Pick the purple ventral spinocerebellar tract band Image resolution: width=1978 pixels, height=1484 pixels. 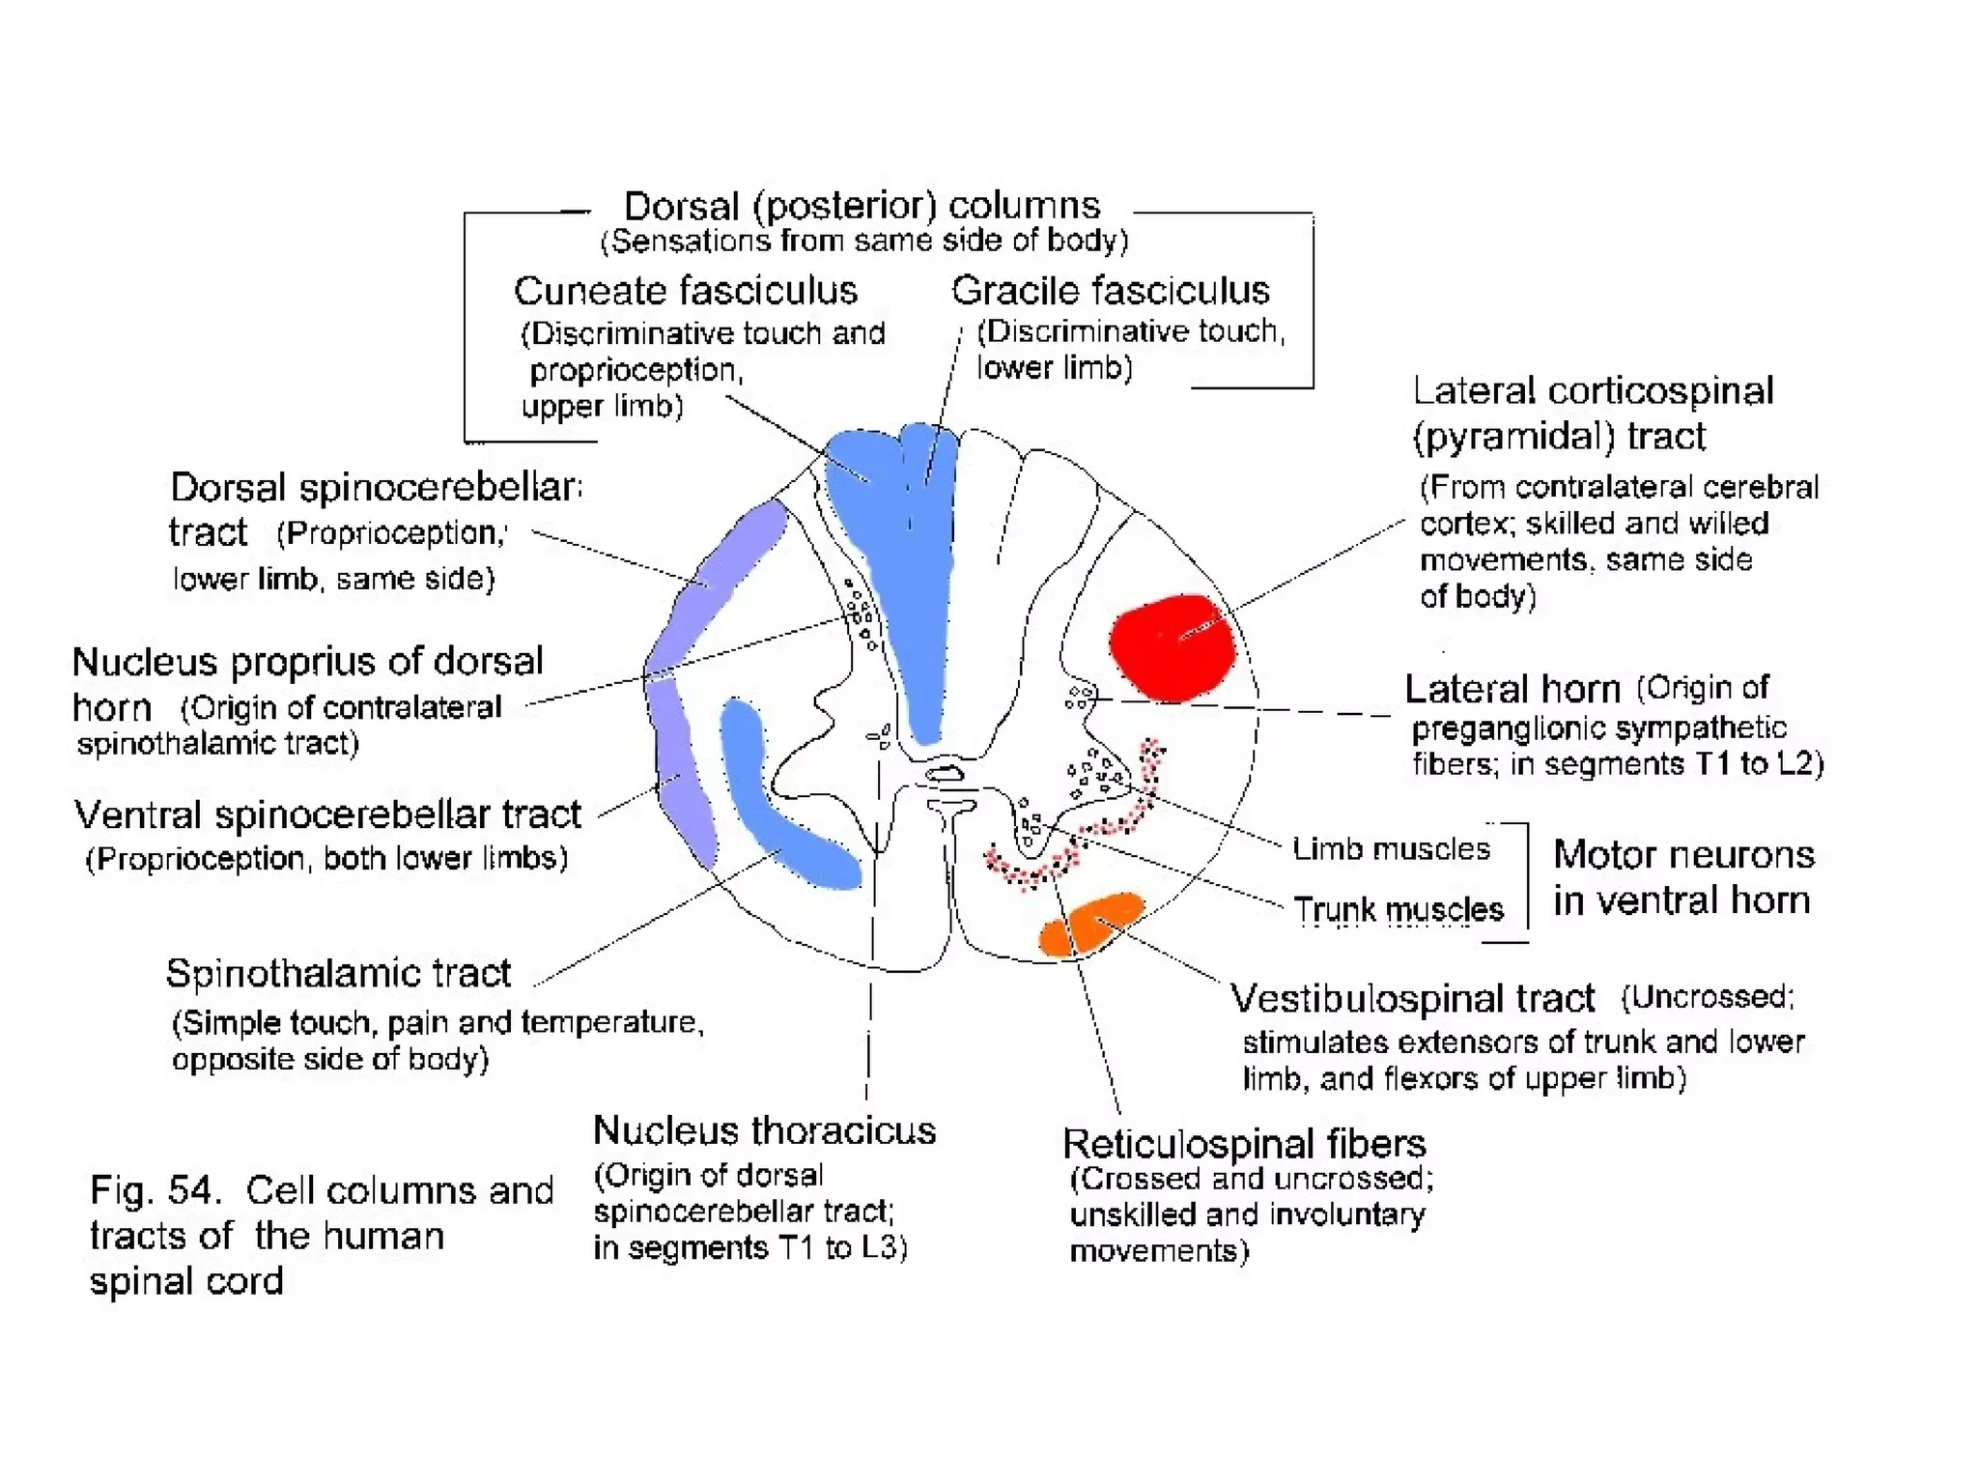[x=684, y=773]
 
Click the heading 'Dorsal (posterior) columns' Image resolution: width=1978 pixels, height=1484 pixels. [x=862, y=206]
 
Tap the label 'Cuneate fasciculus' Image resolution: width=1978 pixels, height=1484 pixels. [x=685, y=291]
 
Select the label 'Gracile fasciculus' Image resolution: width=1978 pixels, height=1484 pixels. [x=1110, y=291]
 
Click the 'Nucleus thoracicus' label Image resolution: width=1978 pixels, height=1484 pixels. [x=764, y=1130]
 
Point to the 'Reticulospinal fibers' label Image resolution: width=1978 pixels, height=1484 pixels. [x=1244, y=1144]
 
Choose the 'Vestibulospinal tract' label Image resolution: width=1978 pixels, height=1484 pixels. [x=1412, y=998]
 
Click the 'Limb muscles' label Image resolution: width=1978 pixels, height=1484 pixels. [x=1391, y=849]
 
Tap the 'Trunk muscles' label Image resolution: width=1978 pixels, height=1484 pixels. [x=1399, y=909]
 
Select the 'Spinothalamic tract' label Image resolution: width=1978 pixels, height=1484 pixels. [x=338, y=973]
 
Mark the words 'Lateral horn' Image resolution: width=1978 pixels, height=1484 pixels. [x=1512, y=690]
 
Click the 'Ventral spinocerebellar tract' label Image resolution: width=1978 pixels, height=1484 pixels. [x=327, y=815]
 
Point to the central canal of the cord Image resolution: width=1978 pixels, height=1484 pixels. [x=945, y=774]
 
